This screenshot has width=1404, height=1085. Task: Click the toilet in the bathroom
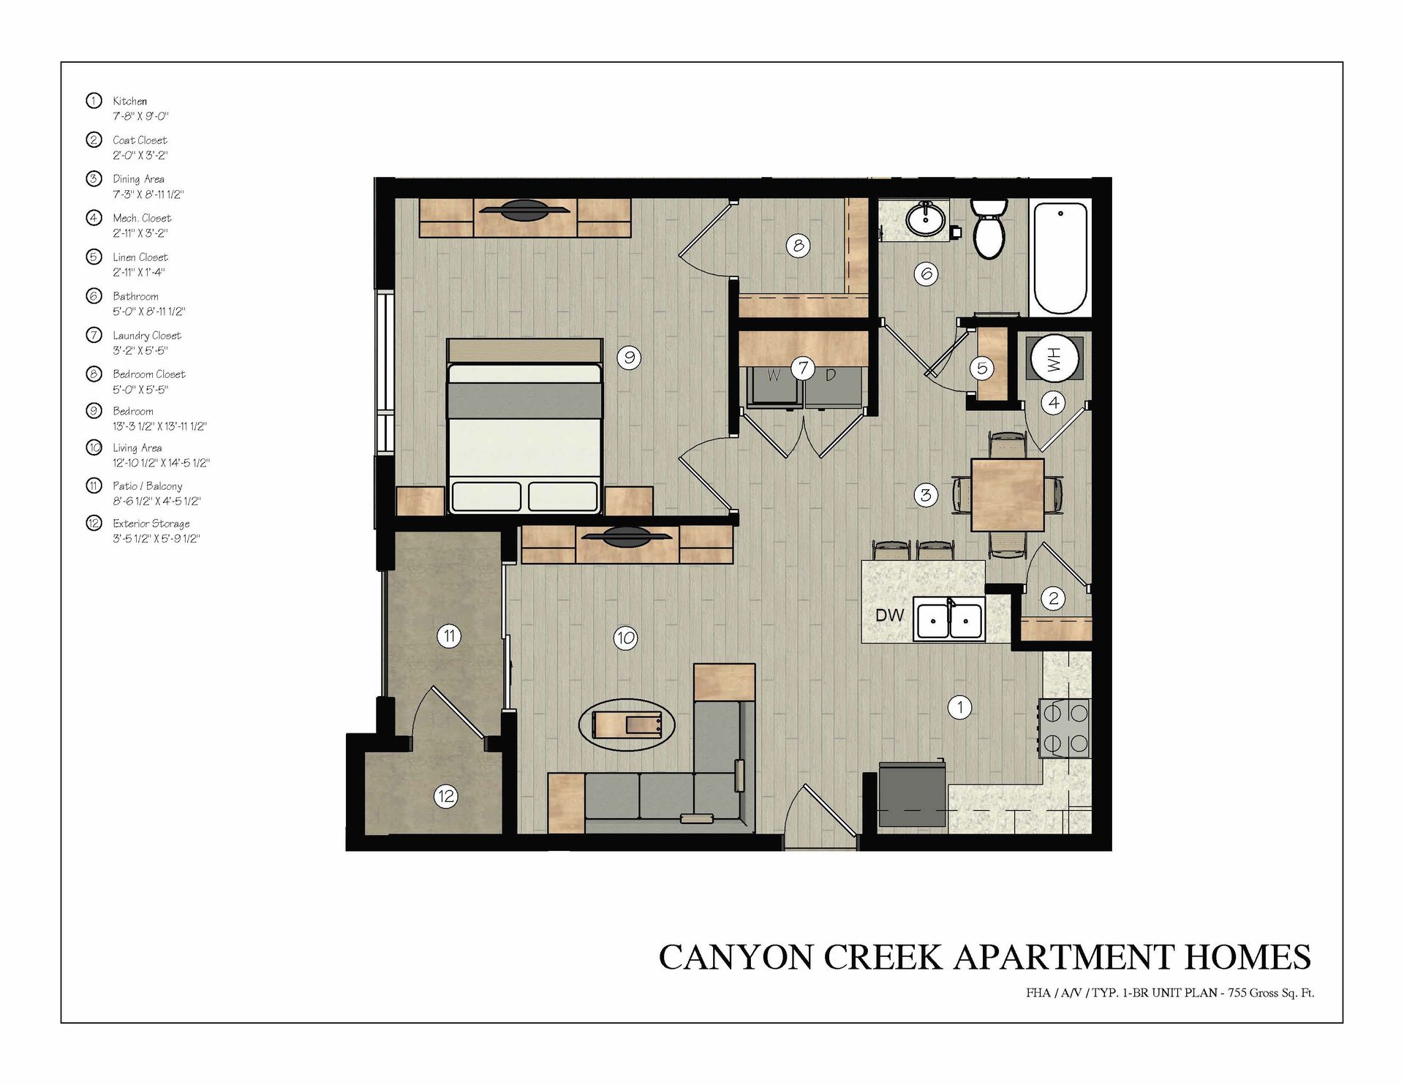[x=989, y=227]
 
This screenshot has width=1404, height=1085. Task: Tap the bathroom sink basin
[x=926, y=219]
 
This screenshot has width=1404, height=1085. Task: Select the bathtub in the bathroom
[x=1060, y=258]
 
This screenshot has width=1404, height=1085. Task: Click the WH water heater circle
[x=1054, y=359]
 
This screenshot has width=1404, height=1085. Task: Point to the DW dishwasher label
[x=890, y=616]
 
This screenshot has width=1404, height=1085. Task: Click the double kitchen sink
[x=948, y=620]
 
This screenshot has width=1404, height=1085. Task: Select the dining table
[x=1007, y=494]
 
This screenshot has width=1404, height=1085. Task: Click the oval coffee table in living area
[x=626, y=724]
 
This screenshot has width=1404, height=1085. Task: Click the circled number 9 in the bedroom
[x=629, y=357]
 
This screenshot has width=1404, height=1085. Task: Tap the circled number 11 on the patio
[x=449, y=636]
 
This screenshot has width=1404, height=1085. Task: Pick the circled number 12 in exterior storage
[x=446, y=795]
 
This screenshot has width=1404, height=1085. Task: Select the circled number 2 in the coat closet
[x=1054, y=598]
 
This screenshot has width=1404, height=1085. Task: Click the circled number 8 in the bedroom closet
[x=799, y=245]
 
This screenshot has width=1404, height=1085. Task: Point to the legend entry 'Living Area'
[x=137, y=447]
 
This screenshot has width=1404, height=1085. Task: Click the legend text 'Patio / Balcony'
[x=148, y=485]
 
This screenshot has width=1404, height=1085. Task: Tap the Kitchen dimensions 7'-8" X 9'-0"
[x=141, y=116]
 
